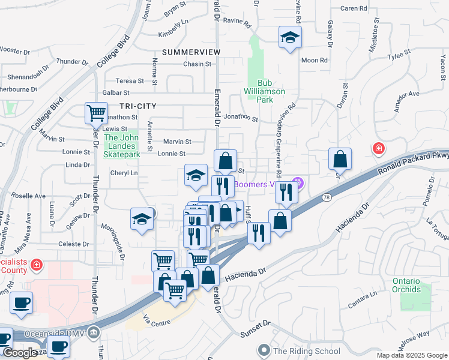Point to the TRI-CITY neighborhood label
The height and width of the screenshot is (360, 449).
pos(137,106)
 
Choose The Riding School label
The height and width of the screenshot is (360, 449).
pos(306,351)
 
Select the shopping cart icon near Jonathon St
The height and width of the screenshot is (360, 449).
pos(96,112)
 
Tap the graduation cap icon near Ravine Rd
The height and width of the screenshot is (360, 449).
pos(290,38)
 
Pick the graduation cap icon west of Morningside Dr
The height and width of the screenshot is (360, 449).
pos(142,218)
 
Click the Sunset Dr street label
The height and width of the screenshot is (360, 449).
pos(256,328)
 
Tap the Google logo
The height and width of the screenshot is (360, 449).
pos(19,353)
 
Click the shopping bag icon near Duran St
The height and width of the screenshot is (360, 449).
pos(340,159)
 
